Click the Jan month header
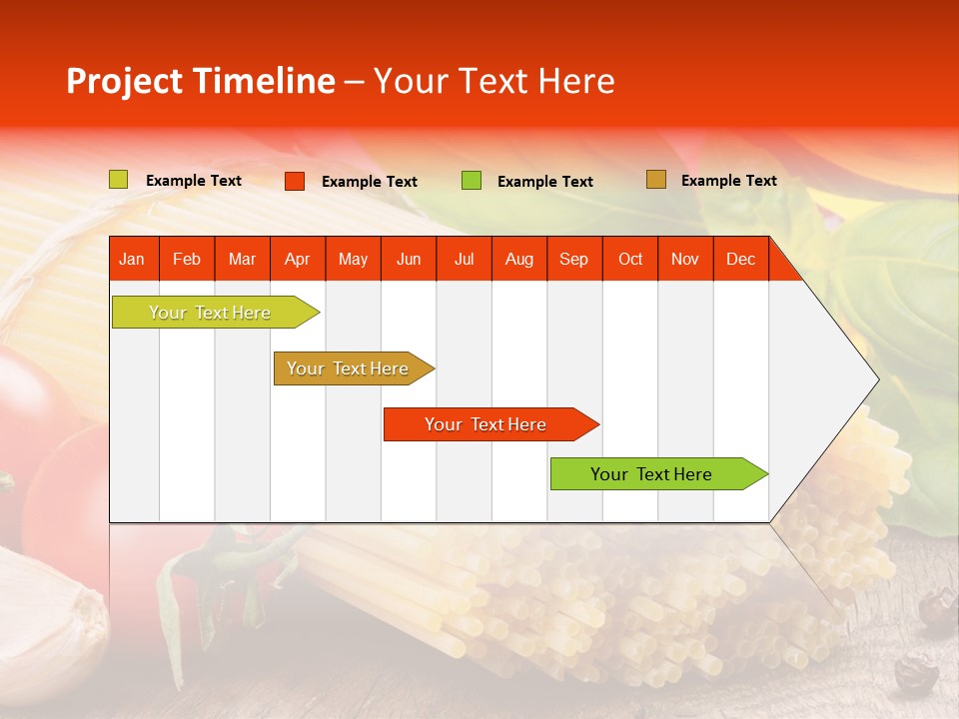(133, 259)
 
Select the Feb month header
(187, 259)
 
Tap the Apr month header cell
(298, 259)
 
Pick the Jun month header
(409, 259)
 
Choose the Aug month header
(519, 259)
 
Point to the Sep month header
(574, 259)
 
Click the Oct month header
(630, 259)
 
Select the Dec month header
(741, 259)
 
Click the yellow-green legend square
(119, 180)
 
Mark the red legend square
(295, 181)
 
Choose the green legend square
(472, 180)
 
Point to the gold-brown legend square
(656, 180)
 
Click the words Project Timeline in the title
(201, 81)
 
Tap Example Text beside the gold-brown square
(729, 181)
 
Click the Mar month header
(242, 259)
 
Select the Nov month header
(685, 259)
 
